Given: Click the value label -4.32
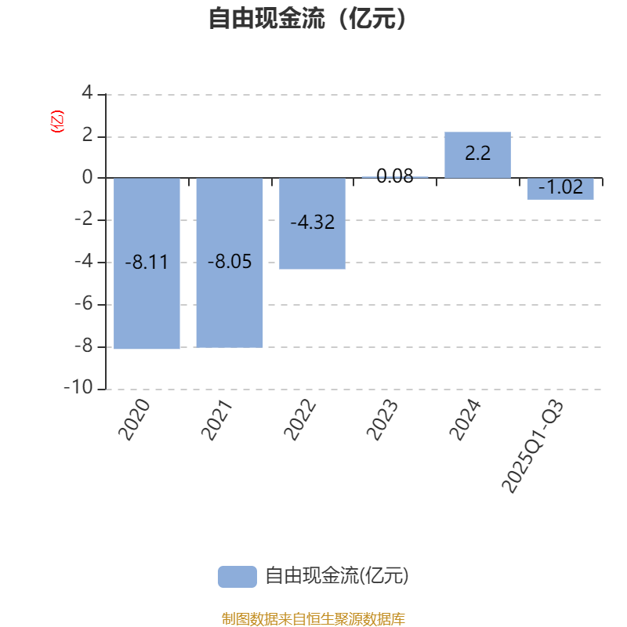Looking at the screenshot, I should click(312, 223).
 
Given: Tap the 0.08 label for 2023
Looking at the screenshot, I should click(395, 176).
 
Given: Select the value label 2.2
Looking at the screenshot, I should click(477, 154).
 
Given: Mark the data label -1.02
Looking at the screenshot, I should click(560, 188).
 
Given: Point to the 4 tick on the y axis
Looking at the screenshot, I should click(87, 94).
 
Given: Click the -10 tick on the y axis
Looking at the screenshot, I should click(78, 389).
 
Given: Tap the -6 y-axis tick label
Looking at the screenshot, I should click(83, 304).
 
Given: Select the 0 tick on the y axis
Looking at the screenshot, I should click(87, 178).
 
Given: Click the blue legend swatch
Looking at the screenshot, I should click(237, 577).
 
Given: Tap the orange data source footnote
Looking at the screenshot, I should click(313, 619).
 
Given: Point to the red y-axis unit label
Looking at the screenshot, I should click(56, 121).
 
